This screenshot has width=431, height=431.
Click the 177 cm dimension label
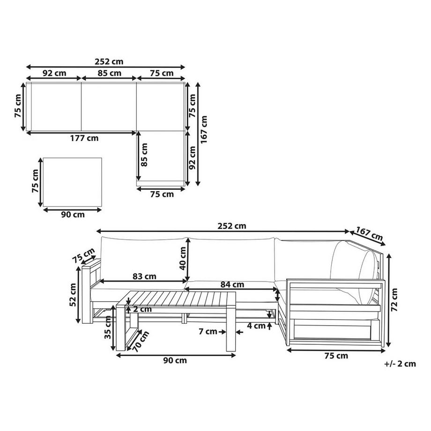pyautogui.click(x=84, y=138)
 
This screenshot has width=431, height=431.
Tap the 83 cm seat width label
pyautogui.click(x=144, y=276)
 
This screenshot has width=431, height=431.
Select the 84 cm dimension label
pyautogui.click(x=232, y=284)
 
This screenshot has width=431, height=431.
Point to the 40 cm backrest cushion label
pyautogui.click(x=182, y=259)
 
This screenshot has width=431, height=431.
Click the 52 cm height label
pyautogui.click(x=73, y=295)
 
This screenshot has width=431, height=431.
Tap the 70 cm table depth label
pyautogui.click(x=141, y=342)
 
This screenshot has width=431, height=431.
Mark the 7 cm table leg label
pyautogui.click(x=208, y=332)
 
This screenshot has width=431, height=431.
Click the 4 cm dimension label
pyautogui.click(x=256, y=326)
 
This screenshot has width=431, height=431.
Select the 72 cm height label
pyautogui.click(x=394, y=300)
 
